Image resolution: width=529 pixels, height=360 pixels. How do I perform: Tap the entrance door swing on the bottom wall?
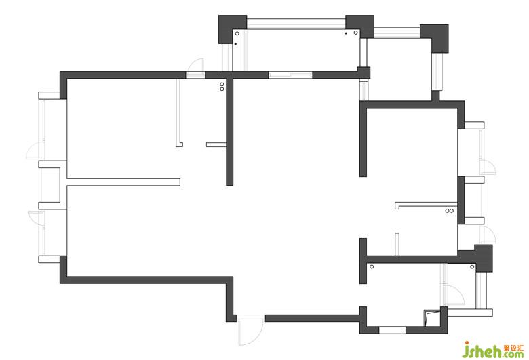(249, 332)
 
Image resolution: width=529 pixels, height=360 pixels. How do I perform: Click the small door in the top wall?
(195, 67)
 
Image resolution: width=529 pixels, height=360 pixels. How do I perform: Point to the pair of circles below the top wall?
(222, 86)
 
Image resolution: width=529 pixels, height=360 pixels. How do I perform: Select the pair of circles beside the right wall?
(448, 212)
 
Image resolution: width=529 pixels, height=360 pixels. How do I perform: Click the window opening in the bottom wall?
(392, 330)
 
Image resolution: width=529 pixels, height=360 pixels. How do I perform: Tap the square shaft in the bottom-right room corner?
(431, 317)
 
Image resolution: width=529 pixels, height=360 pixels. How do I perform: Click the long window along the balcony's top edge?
(296, 22)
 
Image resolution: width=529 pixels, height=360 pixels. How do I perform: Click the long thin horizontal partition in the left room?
(123, 182)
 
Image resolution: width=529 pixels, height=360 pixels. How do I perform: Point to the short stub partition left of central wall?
(216, 144)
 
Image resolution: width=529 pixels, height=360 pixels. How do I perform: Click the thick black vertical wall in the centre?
(230, 132)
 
